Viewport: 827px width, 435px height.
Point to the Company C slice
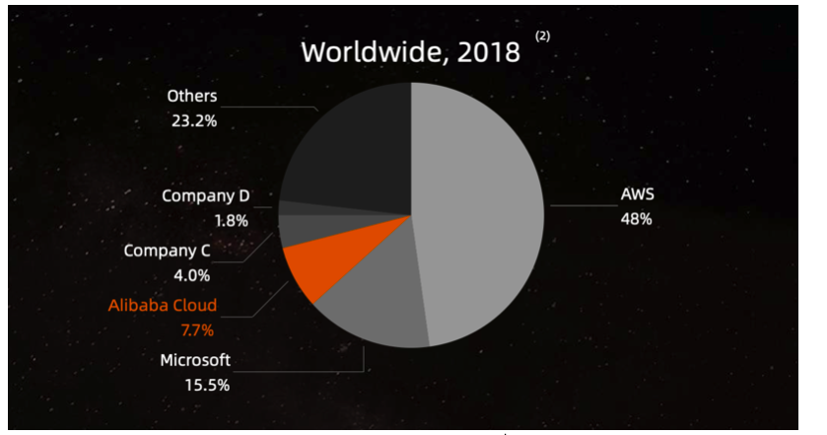[301, 231]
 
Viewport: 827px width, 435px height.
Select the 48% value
[636, 219]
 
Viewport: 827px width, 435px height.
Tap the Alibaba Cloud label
[163, 305]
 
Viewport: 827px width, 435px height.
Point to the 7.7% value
[197, 329]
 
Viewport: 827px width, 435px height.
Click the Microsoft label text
[195, 360]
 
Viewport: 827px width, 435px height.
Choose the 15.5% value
[208, 385]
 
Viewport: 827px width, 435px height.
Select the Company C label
[168, 251]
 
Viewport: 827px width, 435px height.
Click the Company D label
[205, 195]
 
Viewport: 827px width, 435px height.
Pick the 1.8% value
[231, 221]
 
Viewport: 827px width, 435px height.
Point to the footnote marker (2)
[543, 36]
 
